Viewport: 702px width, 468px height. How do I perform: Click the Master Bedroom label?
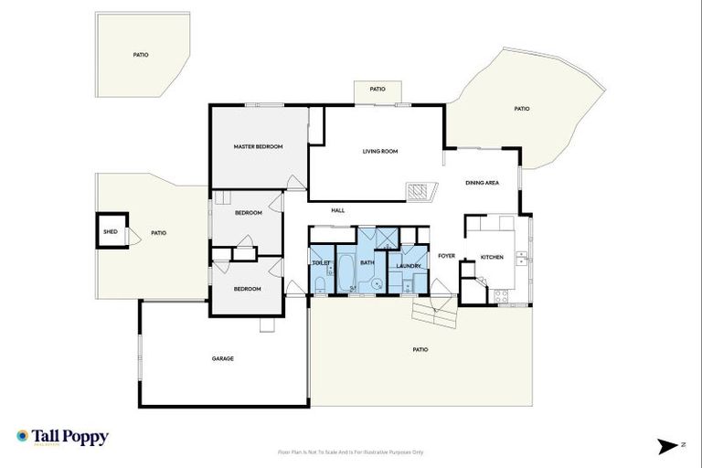[x=258, y=146]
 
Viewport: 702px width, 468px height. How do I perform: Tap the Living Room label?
[x=379, y=151]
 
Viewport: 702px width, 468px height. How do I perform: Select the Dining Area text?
[x=482, y=183]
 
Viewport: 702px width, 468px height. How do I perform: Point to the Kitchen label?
[x=492, y=257]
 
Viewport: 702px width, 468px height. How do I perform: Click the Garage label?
[x=222, y=358]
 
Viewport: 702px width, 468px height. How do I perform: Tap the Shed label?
[x=110, y=232]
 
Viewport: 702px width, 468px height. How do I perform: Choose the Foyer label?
[x=446, y=256]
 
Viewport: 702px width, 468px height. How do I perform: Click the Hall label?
[x=337, y=210]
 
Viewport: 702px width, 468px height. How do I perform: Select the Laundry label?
[x=408, y=266]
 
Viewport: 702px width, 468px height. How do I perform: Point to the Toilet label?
[x=321, y=262]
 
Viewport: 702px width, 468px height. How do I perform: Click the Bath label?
[x=367, y=262]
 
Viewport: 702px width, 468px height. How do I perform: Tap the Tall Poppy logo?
[x=62, y=437]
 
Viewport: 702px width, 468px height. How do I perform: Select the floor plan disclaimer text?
[x=351, y=452]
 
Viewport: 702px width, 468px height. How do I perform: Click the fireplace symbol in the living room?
[x=420, y=193]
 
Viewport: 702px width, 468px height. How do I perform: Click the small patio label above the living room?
[x=378, y=90]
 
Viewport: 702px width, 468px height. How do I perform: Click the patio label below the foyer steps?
[x=420, y=349]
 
